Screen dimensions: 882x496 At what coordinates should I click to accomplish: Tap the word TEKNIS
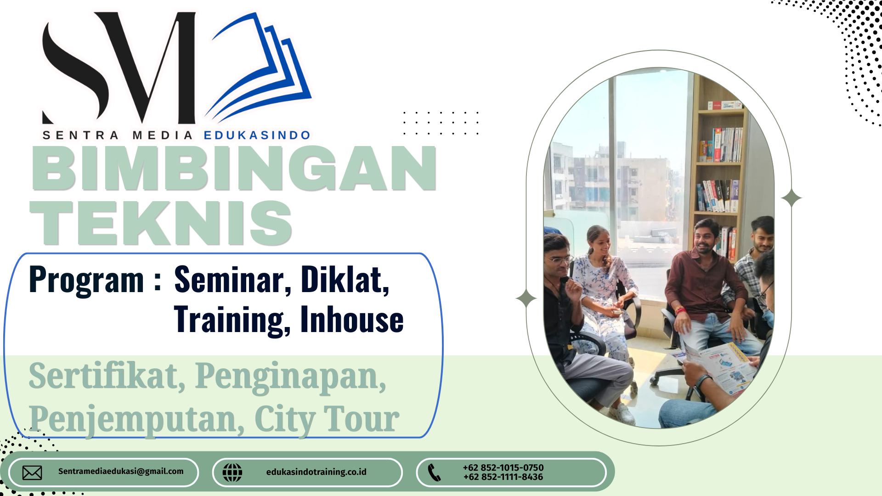point(161,223)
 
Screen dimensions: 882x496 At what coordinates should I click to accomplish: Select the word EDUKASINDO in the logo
point(257,135)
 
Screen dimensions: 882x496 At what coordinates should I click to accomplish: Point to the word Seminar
point(233,279)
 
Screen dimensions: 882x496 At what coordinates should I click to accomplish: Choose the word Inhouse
point(352,319)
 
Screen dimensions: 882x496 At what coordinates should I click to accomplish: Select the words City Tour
point(327,419)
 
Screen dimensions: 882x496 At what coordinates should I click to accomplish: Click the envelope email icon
point(32,473)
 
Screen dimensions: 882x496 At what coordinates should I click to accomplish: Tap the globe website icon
point(232,473)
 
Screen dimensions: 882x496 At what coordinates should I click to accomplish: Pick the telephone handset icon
point(434,473)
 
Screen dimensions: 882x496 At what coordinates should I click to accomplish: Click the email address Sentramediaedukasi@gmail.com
point(121,471)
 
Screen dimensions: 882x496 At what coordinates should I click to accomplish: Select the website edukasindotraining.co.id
point(317,472)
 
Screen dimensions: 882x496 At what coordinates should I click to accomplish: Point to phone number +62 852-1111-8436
point(503,477)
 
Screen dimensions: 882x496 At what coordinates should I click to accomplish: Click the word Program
point(86,280)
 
